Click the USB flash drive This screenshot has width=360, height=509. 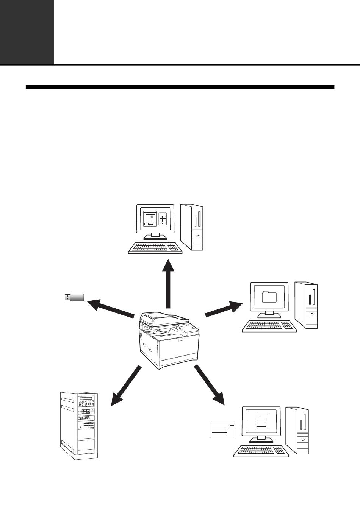click(x=74, y=297)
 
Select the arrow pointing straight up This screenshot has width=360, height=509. click(x=168, y=284)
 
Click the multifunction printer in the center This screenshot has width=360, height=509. click(x=169, y=339)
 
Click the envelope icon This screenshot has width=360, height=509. click(x=223, y=430)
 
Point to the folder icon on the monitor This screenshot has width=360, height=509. click(x=269, y=297)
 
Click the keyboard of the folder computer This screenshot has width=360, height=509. click(x=269, y=326)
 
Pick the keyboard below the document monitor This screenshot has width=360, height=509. click(x=260, y=451)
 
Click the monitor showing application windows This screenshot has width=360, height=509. click(x=155, y=220)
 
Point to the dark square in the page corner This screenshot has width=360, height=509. click(x=27, y=32)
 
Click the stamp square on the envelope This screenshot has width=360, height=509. click(x=232, y=427)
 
